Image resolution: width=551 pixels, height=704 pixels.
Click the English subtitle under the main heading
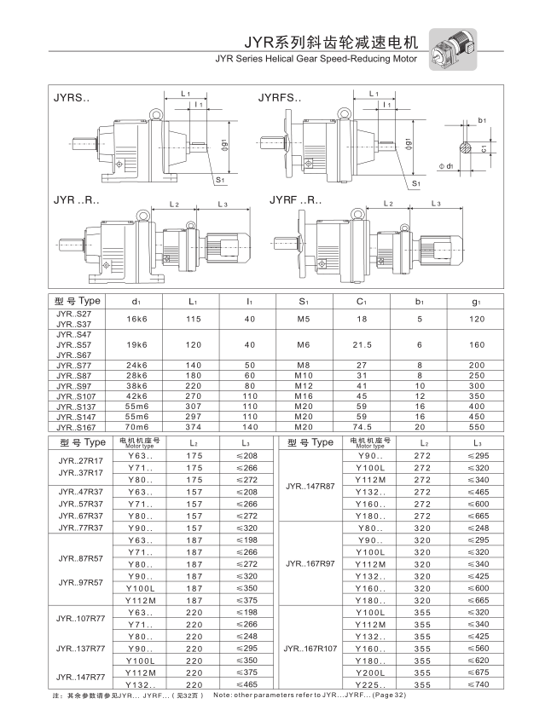(316, 60)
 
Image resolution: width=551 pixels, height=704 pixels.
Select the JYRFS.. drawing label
(279, 98)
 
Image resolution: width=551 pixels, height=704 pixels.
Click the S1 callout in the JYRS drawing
(219, 180)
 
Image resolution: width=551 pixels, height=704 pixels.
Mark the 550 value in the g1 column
(477, 427)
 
